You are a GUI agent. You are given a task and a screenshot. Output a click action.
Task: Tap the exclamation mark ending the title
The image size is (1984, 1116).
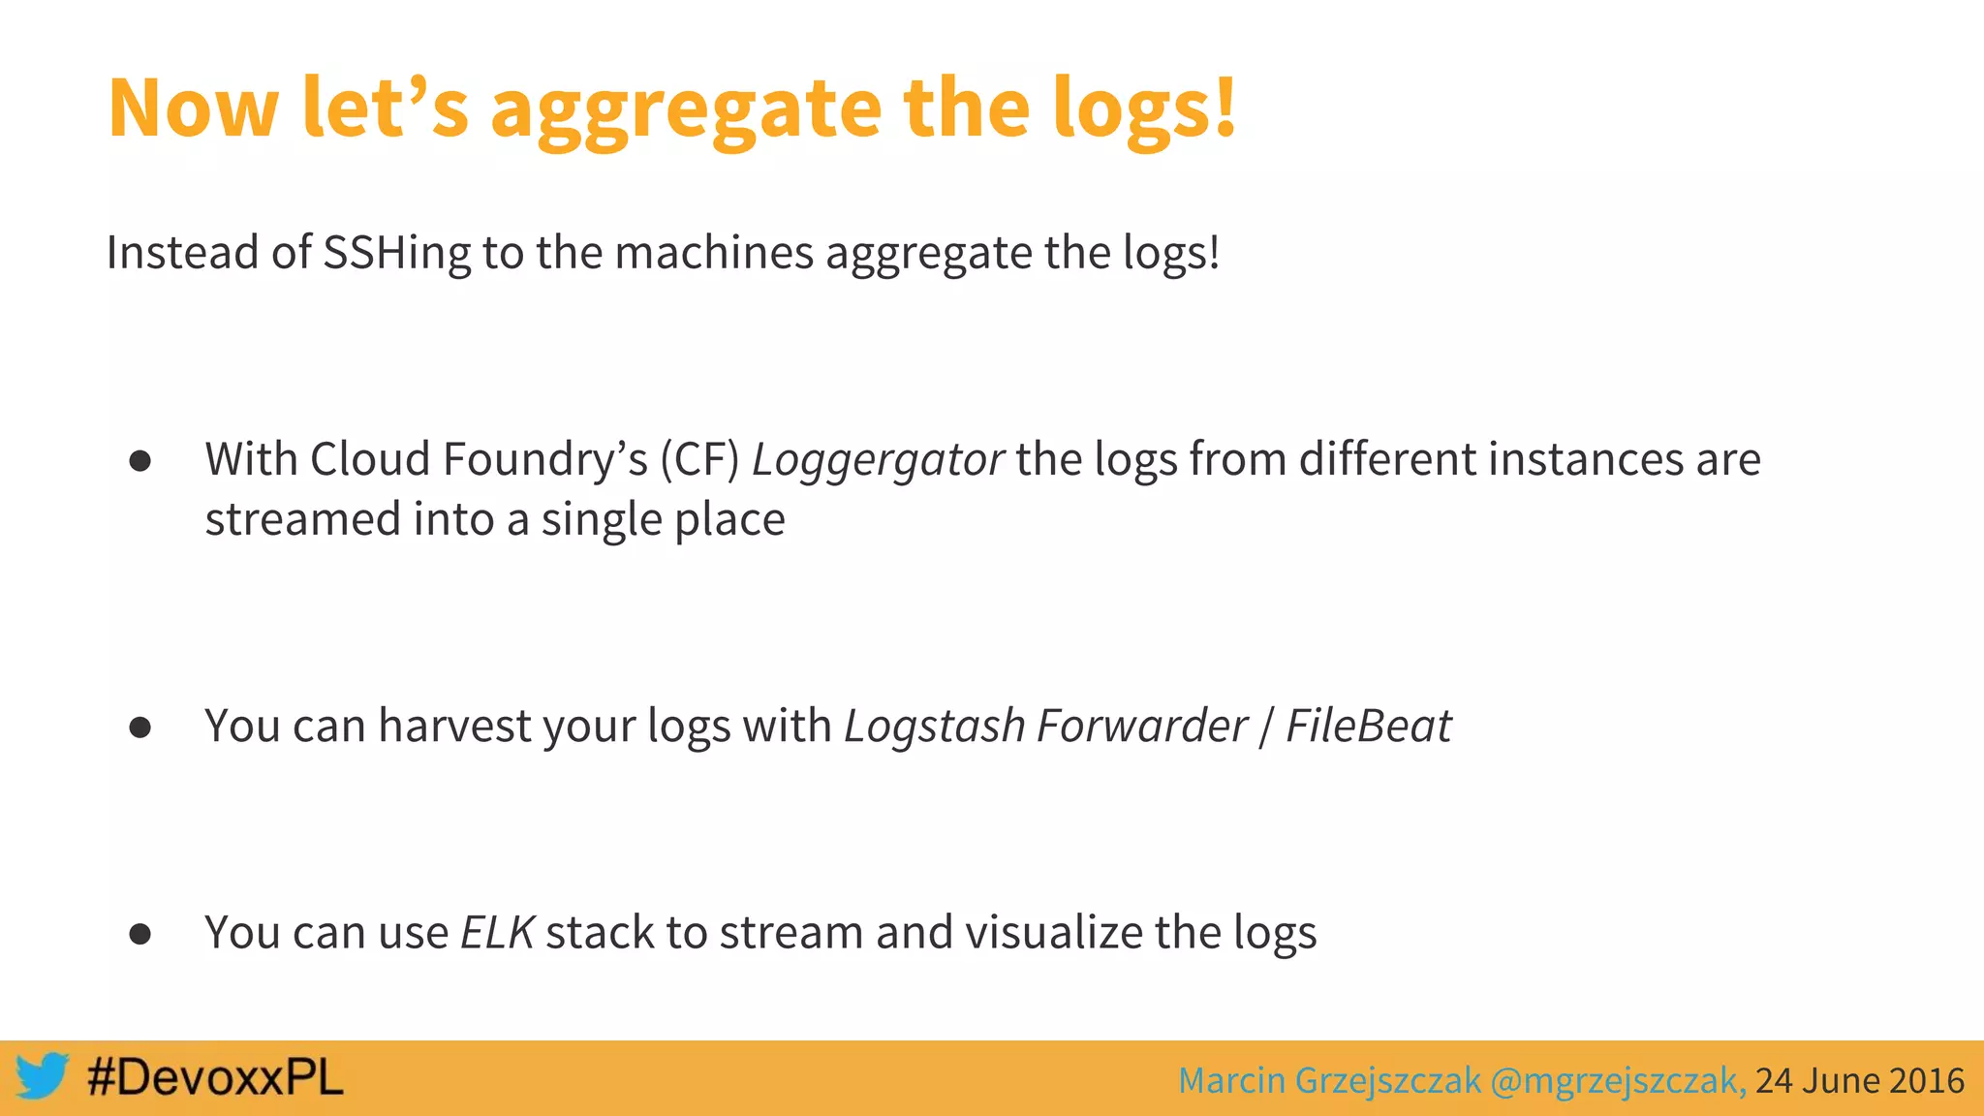pyautogui.click(x=1225, y=107)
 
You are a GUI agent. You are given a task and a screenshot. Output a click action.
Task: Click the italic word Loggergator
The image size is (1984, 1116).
pyautogui.click(x=878, y=460)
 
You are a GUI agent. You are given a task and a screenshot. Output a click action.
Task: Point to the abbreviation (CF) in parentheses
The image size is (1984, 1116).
pyautogui.click(x=699, y=460)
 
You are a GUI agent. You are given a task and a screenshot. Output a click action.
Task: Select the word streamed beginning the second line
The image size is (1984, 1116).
pyautogui.click(x=303, y=520)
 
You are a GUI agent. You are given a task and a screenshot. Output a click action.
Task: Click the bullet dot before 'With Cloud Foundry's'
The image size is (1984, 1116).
pyautogui.click(x=140, y=461)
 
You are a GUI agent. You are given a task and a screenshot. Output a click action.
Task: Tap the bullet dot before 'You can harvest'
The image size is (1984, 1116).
pyautogui.click(x=140, y=728)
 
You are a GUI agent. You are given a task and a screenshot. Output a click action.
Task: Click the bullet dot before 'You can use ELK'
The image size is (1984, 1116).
pyautogui.click(x=140, y=934)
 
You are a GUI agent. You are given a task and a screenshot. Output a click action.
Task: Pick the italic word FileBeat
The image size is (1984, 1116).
pyautogui.click(x=1368, y=727)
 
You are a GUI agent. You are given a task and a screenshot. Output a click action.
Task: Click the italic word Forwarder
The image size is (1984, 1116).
pyautogui.click(x=1142, y=727)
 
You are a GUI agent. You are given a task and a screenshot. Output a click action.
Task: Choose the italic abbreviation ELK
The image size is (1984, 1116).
pyautogui.click(x=497, y=933)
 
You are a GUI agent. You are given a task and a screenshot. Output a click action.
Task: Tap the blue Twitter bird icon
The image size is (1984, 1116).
pyautogui.click(x=42, y=1076)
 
